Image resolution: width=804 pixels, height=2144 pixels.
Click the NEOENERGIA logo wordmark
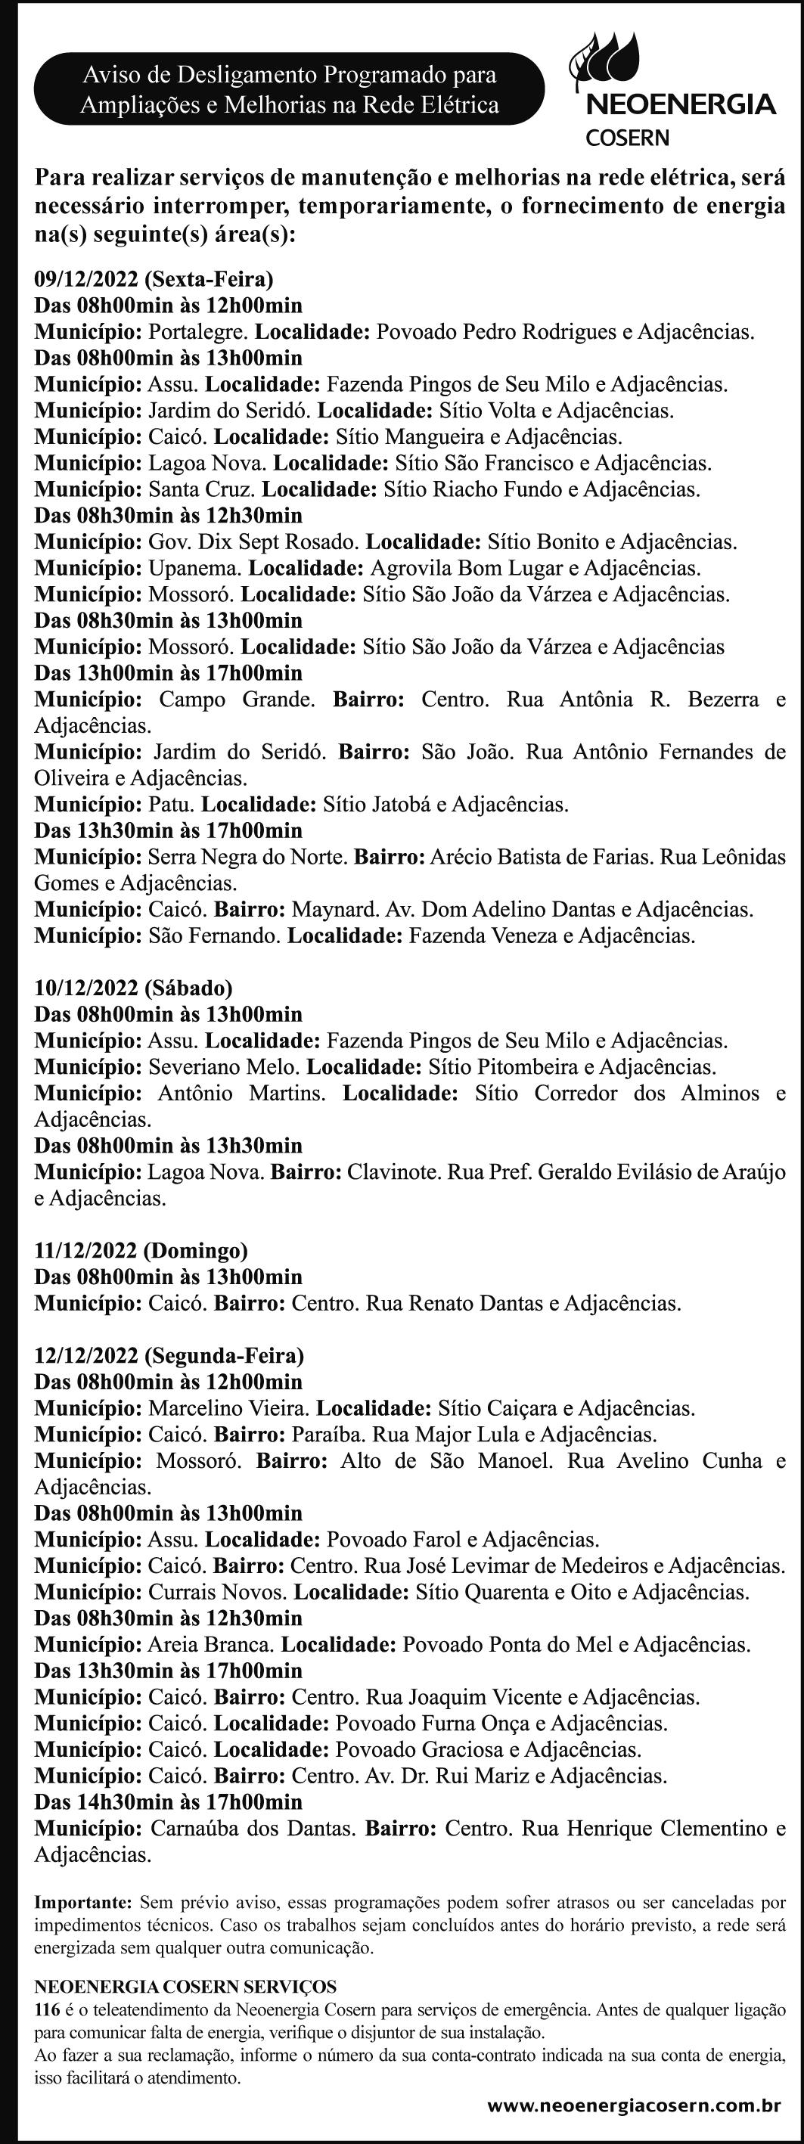coord(681,105)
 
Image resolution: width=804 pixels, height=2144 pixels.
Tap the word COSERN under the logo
coord(628,138)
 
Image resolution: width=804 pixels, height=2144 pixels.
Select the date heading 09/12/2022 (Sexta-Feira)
coord(154,279)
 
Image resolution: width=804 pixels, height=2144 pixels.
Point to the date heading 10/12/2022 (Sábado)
coord(133,988)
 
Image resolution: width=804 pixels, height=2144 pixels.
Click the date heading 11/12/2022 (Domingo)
coord(141,1250)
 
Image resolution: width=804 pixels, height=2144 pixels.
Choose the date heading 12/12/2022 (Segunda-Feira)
coord(169,1356)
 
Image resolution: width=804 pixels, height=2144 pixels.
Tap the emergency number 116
coord(47,2010)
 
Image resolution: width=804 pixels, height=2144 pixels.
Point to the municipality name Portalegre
coord(198,332)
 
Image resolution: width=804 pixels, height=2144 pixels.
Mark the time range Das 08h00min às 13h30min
coord(168,1145)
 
